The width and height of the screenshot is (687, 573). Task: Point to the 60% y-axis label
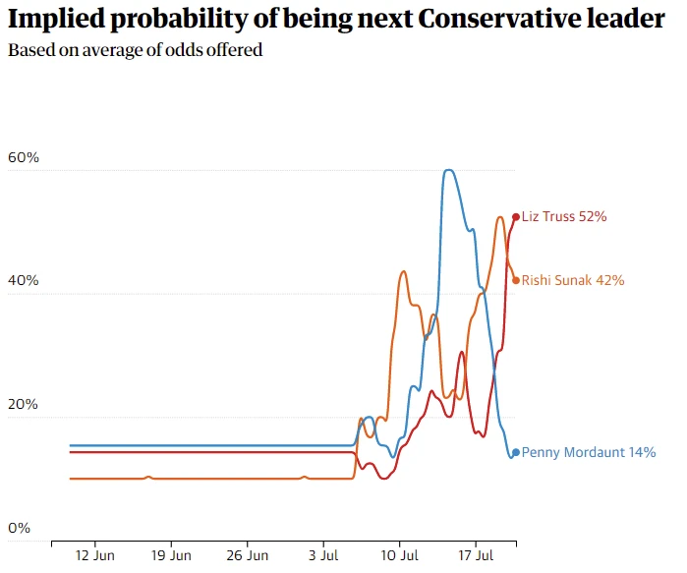[23, 157]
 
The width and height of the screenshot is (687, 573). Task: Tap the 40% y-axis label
[23, 281]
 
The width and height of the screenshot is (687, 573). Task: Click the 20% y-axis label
[23, 405]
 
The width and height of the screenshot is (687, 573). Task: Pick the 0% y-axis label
[19, 528]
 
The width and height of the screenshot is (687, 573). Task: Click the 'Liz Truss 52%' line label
[564, 216]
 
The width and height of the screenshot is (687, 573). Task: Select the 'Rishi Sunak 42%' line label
[573, 280]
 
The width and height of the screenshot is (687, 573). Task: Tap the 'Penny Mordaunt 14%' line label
[588, 453]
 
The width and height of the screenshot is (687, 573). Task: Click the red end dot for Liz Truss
[516, 216]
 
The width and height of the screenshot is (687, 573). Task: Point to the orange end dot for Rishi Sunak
[516, 279]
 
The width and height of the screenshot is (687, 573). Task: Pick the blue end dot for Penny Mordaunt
[516, 453]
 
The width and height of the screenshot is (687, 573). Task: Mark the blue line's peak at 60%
[448, 170]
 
